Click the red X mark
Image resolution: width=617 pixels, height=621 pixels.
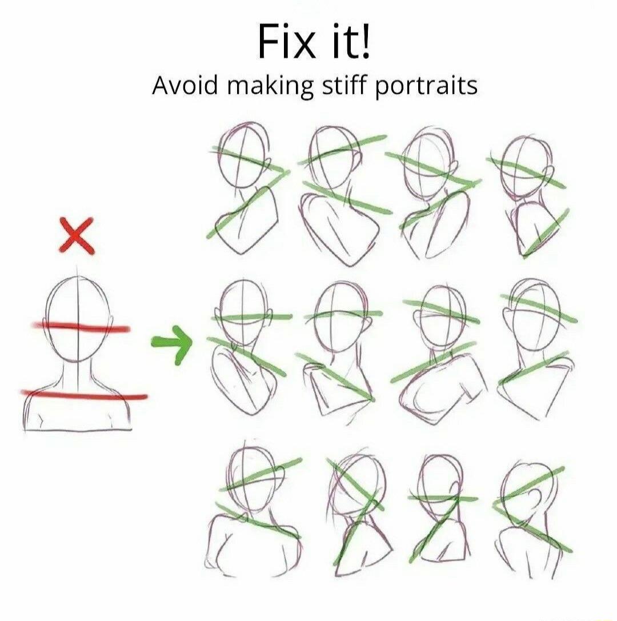click(77, 235)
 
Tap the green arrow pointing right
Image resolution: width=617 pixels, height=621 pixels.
click(172, 343)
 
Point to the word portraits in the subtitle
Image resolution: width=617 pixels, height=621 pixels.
click(426, 87)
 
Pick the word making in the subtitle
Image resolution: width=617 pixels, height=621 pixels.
click(270, 87)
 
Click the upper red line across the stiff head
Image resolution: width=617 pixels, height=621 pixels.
click(80, 327)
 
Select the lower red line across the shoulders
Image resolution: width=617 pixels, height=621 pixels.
click(84, 394)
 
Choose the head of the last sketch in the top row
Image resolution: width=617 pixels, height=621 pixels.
click(524, 166)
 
